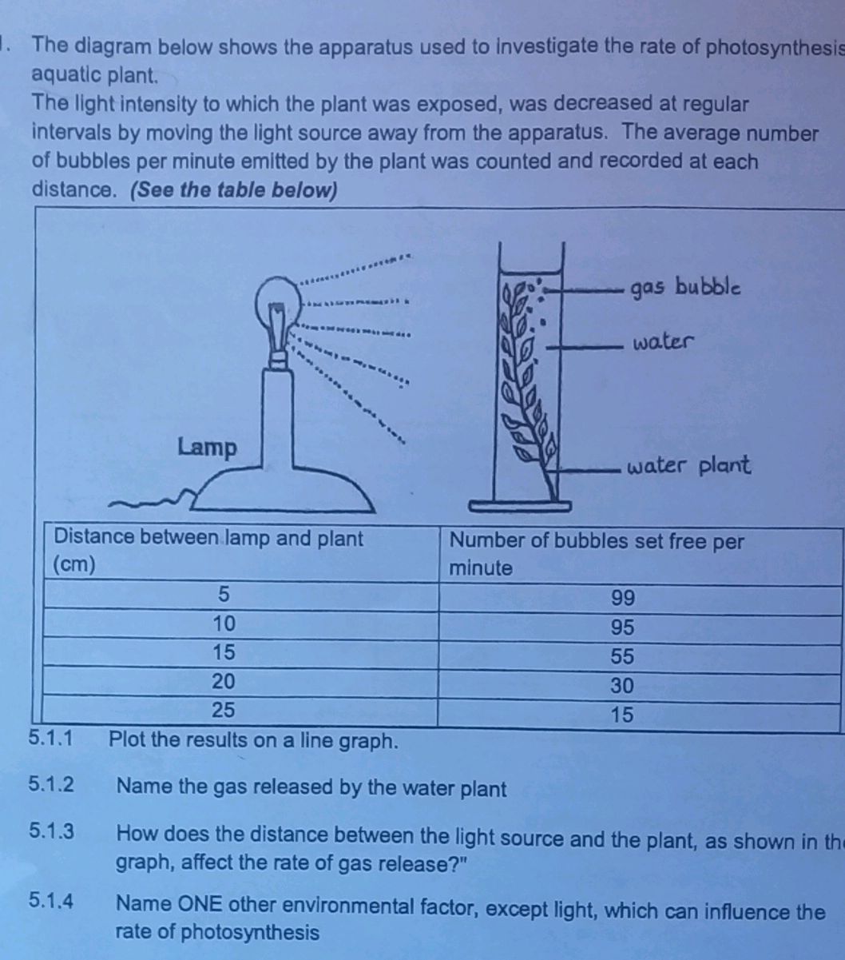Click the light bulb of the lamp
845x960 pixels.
click(276, 307)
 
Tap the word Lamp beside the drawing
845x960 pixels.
click(207, 447)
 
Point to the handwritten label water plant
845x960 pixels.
click(688, 465)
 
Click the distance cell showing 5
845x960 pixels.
click(224, 595)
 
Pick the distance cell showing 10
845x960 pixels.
click(224, 623)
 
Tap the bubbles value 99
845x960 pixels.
click(622, 598)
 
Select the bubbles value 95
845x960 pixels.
click(622, 627)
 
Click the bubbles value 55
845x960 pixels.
click(622, 656)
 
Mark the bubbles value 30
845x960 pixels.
click(622, 685)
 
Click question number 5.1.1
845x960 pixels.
click(50, 738)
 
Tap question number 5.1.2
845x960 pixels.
click(51, 786)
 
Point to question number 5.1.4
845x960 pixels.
click(51, 902)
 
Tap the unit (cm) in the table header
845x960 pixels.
click(74, 564)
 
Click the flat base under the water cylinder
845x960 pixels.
click(519, 505)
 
